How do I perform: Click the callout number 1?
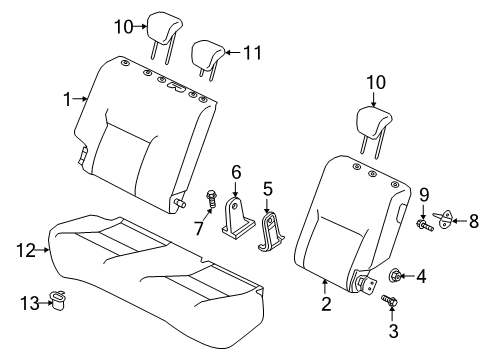pyautogui.click(x=68, y=98)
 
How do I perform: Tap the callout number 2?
pyautogui.click(x=324, y=303)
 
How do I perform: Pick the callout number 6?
pyautogui.click(x=236, y=173)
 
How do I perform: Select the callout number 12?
pyautogui.click(x=27, y=251)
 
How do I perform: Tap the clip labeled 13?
pyautogui.click(x=67, y=300)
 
